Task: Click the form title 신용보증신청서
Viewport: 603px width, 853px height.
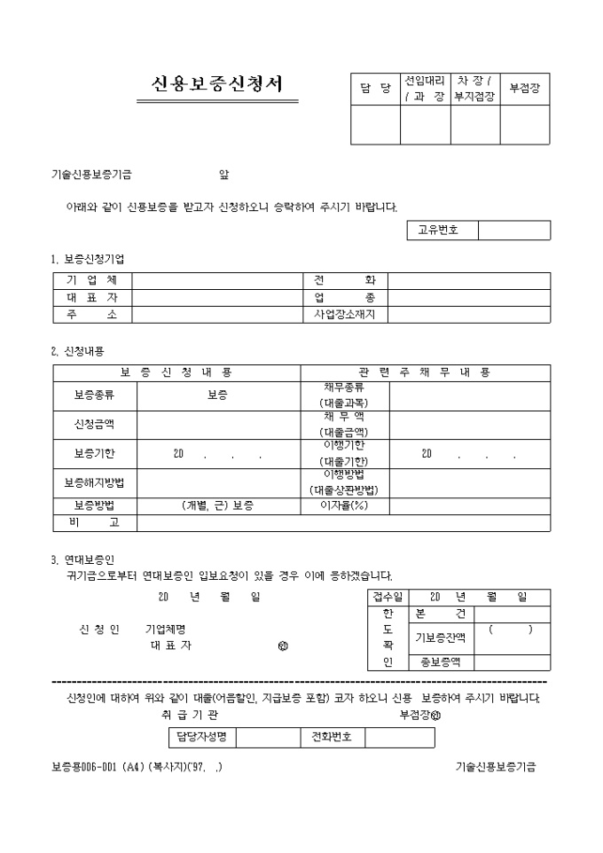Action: (x=217, y=85)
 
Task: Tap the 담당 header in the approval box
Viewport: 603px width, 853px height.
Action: (x=375, y=89)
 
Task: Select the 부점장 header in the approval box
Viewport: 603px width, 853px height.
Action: (x=525, y=89)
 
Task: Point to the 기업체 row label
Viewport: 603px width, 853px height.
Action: (x=92, y=281)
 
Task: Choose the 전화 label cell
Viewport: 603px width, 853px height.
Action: (x=345, y=281)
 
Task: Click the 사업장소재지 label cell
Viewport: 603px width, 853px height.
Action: (x=345, y=315)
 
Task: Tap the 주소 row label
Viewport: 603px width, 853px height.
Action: (x=92, y=315)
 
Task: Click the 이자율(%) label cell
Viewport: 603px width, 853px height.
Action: (x=344, y=505)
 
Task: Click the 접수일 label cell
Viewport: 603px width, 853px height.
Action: (x=387, y=597)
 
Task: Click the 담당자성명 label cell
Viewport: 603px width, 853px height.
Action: (x=202, y=737)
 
